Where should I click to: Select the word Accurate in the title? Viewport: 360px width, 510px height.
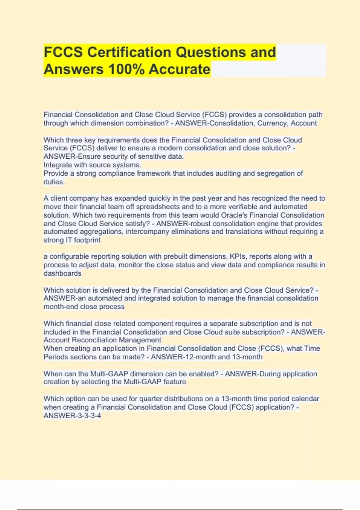click(179, 69)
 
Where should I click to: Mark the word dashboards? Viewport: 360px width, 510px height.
click(62, 273)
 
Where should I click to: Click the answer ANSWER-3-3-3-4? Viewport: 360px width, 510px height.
click(72, 415)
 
